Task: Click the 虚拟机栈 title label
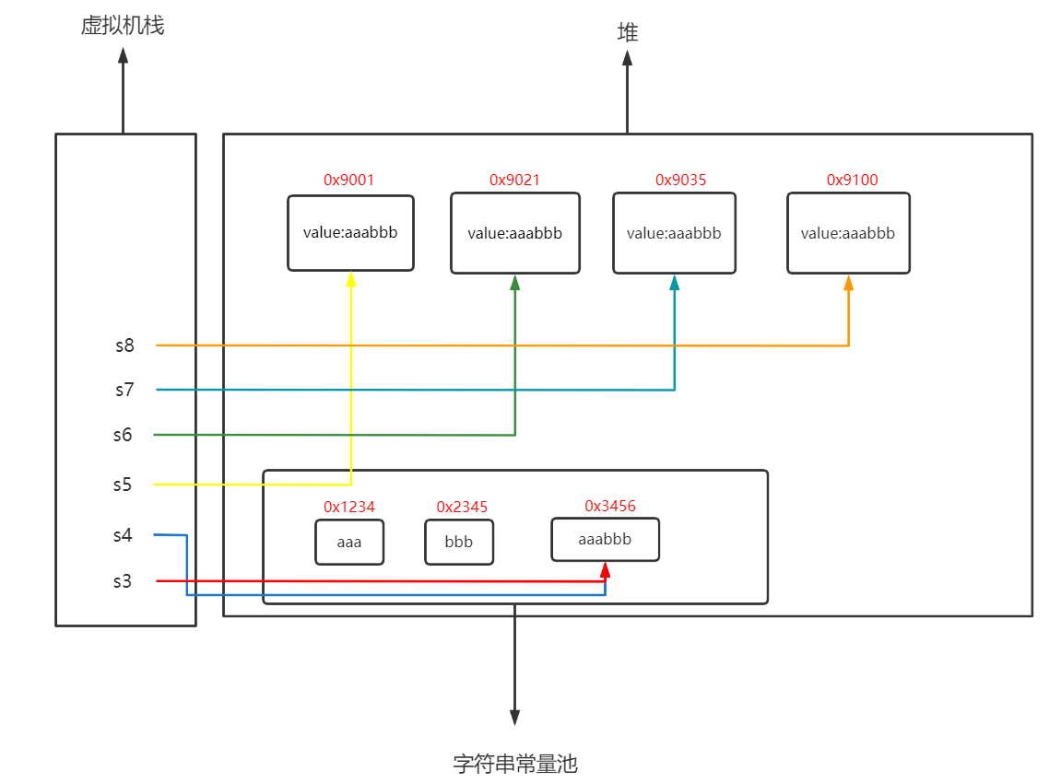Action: pos(122,26)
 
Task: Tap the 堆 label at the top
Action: pos(628,33)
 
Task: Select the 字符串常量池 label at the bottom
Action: pos(515,764)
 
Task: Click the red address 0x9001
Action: pos(348,181)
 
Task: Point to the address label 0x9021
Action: pos(514,181)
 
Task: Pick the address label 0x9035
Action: pos(680,181)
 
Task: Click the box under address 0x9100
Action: pos(848,233)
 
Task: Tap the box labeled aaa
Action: pos(349,542)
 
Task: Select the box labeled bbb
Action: pos(459,542)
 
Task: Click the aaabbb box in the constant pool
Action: pos(605,539)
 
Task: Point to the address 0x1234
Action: pos(348,507)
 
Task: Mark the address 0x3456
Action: pos(609,506)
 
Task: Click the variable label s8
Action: pos(124,345)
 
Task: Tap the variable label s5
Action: pos(123,485)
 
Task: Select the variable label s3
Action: pos(123,581)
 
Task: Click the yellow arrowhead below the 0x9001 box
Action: pos(350,279)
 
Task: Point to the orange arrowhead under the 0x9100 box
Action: pos(848,282)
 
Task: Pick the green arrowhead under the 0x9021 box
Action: pos(514,282)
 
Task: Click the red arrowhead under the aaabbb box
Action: pos(605,568)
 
